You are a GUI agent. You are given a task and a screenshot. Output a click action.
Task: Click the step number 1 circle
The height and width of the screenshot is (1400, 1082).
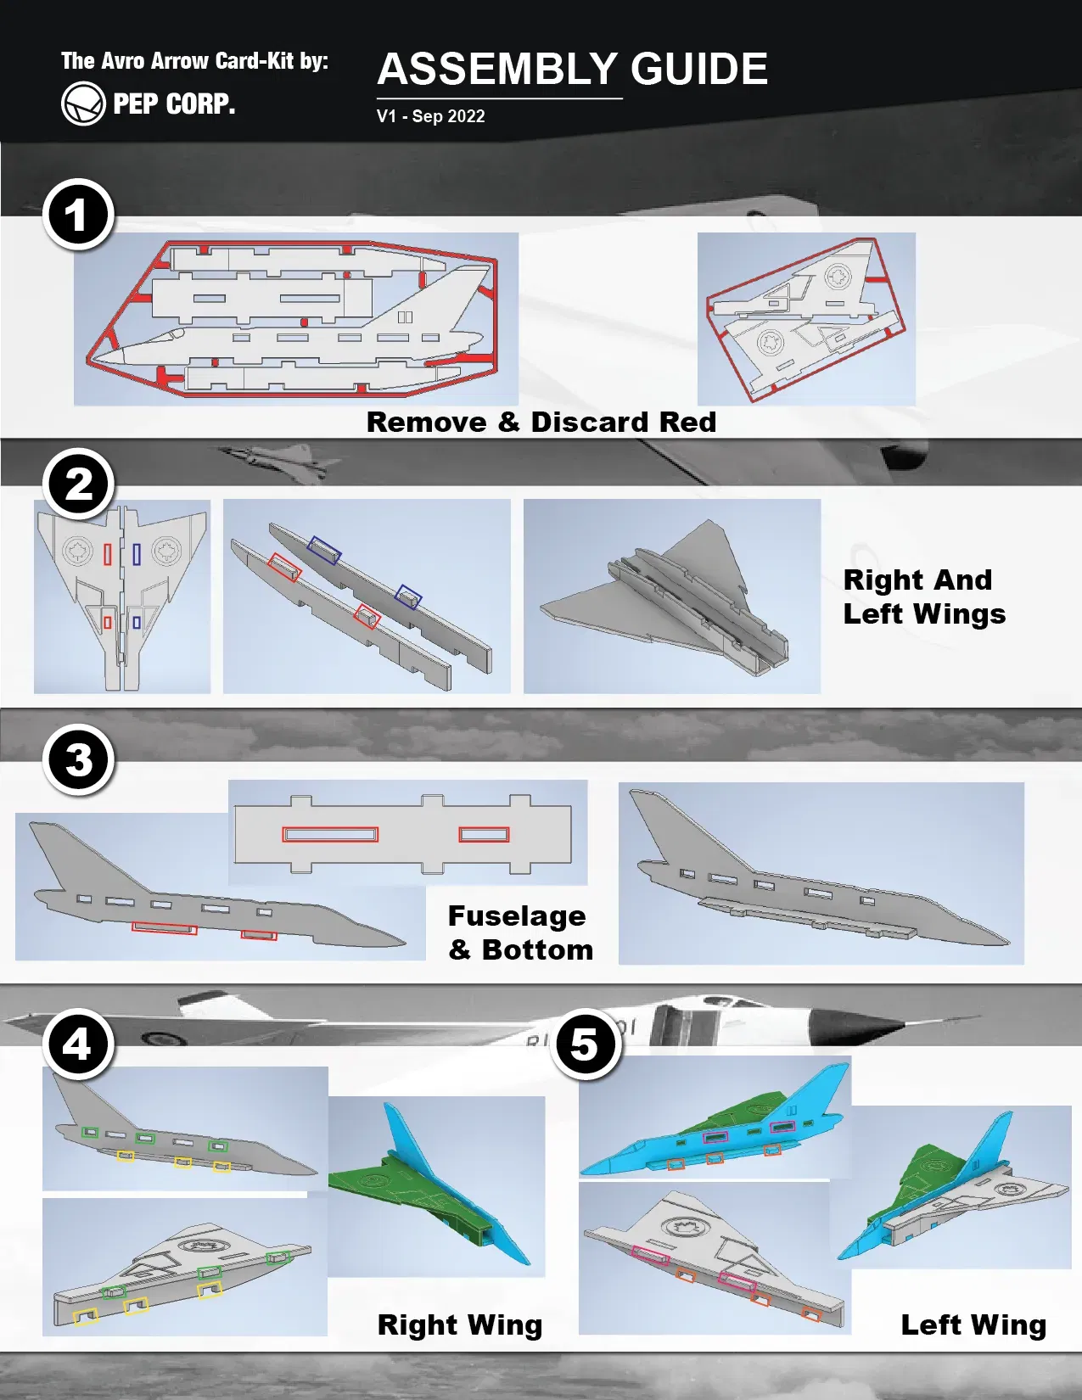[78, 215]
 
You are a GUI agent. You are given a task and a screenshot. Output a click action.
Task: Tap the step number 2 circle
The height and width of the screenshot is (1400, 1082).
[78, 484]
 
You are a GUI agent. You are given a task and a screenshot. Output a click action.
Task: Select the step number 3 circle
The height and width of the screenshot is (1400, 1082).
[78, 759]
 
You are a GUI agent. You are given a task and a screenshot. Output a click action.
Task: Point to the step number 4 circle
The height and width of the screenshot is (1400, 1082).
[78, 1044]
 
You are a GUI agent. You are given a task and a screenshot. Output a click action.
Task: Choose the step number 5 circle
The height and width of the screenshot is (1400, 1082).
[586, 1044]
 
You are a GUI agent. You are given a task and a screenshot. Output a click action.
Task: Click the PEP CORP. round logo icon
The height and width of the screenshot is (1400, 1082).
[83, 104]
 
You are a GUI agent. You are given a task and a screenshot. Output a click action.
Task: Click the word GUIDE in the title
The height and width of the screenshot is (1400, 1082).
[698, 70]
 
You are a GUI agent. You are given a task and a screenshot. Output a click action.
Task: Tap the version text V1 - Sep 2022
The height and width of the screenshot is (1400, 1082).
[430, 116]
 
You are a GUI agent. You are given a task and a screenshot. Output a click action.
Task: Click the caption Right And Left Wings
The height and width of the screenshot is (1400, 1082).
[923, 596]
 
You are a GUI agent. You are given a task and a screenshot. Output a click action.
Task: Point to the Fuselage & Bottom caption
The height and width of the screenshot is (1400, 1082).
[519, 932]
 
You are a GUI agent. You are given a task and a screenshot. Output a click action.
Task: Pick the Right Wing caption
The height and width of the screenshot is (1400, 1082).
[459, 1324]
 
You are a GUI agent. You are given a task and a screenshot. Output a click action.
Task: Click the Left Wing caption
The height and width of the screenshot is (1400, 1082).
[973, 1324]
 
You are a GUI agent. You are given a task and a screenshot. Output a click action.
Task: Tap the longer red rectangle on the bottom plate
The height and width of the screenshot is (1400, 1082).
[330, 835]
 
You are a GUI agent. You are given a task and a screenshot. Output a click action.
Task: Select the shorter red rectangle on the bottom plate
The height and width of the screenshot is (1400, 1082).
[484, 835]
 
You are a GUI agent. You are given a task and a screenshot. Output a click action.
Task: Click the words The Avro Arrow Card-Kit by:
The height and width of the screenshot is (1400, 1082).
[194, 61]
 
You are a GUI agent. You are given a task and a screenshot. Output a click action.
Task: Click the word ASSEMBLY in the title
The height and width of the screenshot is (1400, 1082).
[497, 70]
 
